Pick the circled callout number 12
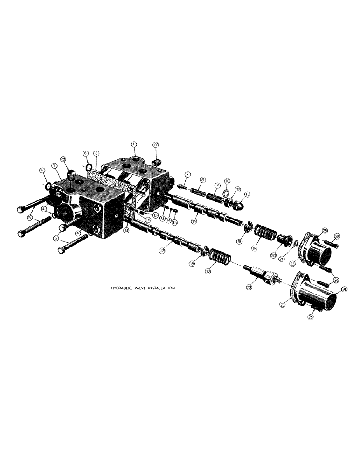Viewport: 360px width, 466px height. coord(247,195)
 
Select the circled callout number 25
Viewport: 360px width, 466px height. coord(325,230)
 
